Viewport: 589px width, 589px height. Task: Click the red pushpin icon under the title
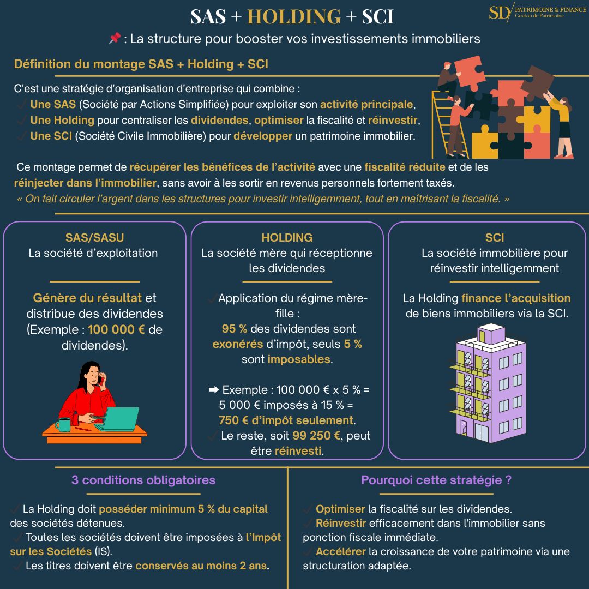(115, 39)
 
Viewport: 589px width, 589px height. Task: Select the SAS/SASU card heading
(94, 238)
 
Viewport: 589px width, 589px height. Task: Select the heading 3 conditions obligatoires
(143, 480)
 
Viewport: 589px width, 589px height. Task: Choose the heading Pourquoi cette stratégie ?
(436, 480)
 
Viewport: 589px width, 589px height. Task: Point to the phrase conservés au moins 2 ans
(202, 566)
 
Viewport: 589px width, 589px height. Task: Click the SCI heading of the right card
(494, 238)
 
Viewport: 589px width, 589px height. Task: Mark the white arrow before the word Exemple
(214, 390)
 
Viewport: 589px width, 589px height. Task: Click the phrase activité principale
(366, 105)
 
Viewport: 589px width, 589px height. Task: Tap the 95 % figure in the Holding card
(235, 329)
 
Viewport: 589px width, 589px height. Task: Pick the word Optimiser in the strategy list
(340, 509)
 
